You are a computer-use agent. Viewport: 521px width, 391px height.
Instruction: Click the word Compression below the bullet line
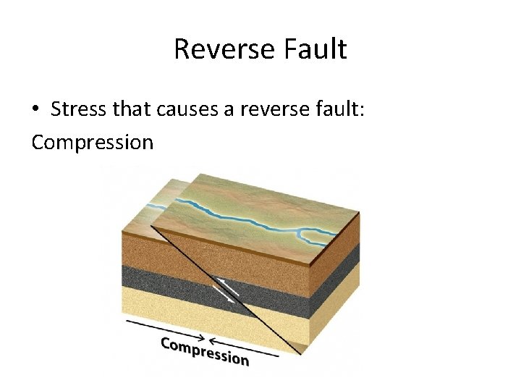coord(93,141)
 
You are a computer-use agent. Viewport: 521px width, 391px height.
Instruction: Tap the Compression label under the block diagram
coord(204,350)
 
